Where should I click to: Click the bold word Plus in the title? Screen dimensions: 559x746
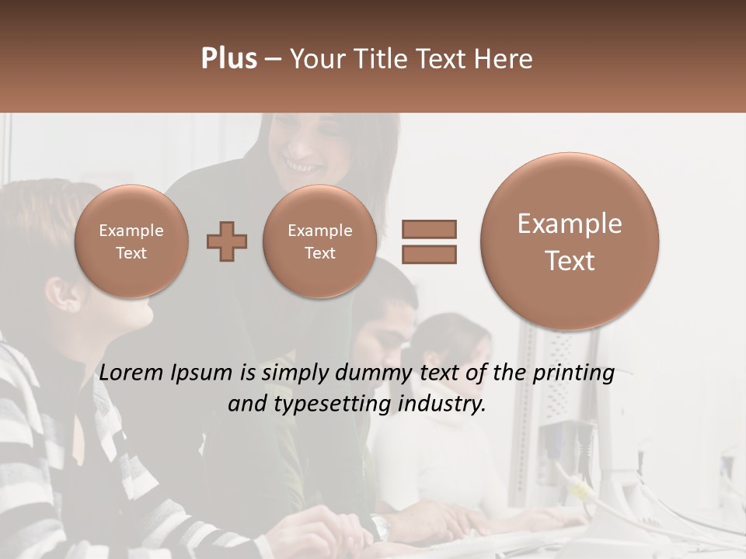coord(228,59)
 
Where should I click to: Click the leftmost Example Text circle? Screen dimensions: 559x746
coord(131,241)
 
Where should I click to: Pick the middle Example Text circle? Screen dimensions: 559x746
coord(319,241)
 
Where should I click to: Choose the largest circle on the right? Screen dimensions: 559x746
coord(570,241)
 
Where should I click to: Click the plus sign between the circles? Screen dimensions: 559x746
coord(227,241)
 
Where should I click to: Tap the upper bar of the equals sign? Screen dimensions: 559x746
coord(428,229)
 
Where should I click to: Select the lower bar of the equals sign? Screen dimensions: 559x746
coord(428,254)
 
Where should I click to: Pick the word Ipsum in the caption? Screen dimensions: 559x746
coord(204,373)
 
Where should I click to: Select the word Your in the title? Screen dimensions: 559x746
coord(315,59)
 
